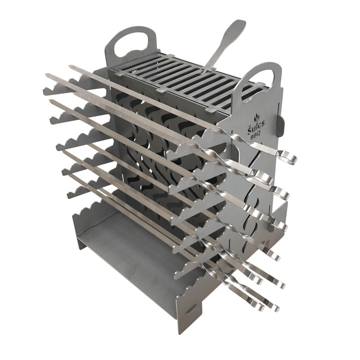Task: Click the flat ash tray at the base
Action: [130, 252]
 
